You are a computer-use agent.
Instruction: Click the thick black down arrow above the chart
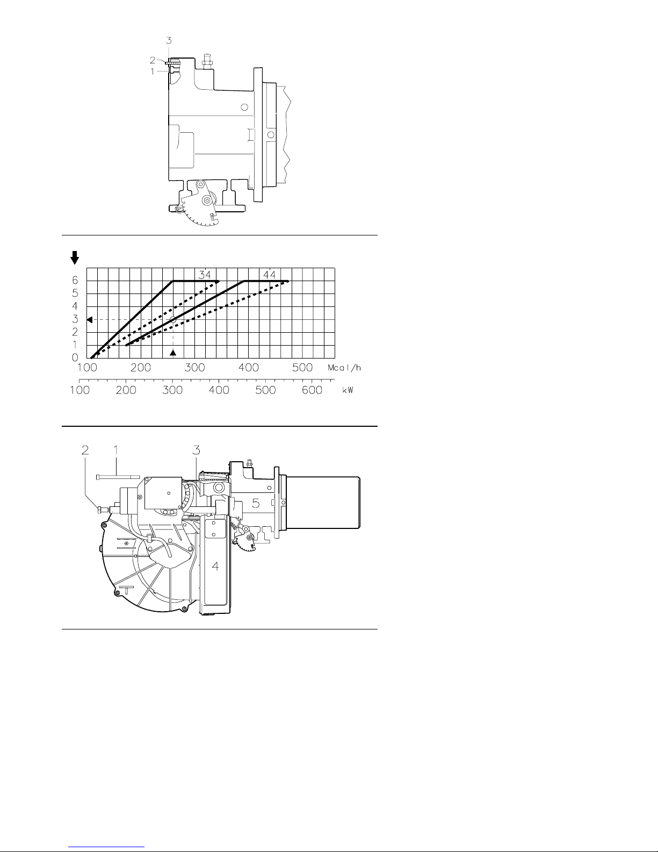coord(75,257)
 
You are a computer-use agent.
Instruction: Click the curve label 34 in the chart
coord(205,275)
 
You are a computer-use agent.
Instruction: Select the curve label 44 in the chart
coord(270,275)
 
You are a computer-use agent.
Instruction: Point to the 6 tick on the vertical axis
coord(75,280)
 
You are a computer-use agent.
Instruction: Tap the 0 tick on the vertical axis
coord(75,357)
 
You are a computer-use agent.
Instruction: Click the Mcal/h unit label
coord(344,368)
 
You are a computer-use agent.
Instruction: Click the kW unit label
coord(348,390)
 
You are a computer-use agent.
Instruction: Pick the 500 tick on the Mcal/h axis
coord(302,368)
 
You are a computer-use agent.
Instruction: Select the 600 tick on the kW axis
coord(312,390)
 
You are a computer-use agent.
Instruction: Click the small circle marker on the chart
coord(173,319)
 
